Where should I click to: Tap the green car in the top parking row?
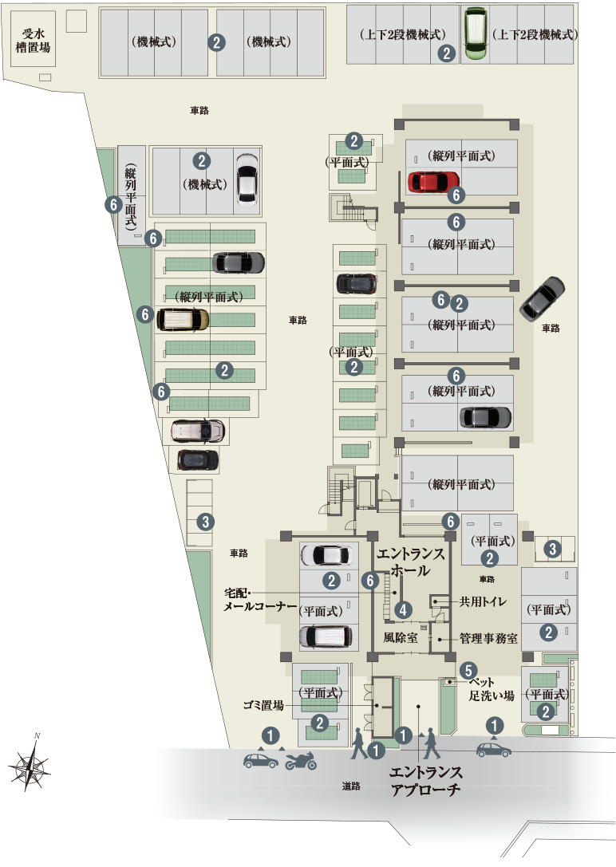(475, 33)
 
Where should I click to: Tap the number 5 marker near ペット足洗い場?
(468, 671)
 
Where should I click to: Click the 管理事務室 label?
(488, 639)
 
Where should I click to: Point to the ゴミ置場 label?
(264, 705)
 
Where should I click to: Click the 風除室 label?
(401, 638)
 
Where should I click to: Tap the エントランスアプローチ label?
(425, 782)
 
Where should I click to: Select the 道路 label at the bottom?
(351, 786)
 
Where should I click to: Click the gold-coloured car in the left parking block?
(183, 320)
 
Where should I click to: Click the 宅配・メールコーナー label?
(248, 601)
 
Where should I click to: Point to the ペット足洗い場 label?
(490, 690)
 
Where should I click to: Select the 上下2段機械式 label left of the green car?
(402, 34)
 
